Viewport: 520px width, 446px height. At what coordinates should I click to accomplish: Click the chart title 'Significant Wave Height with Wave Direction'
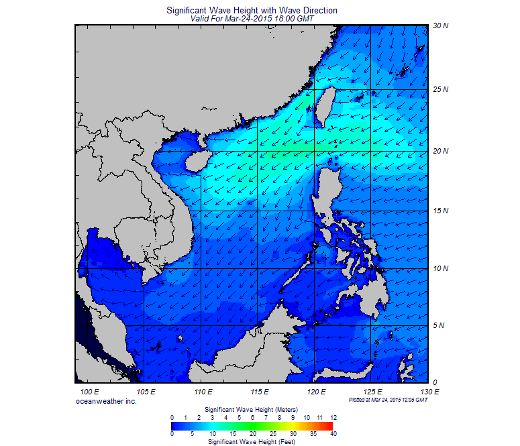251,11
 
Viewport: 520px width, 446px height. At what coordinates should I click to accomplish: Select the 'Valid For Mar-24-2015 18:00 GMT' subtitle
252,19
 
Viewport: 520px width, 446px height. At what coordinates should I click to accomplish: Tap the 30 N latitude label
441,25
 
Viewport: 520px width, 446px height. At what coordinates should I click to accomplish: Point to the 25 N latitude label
441,89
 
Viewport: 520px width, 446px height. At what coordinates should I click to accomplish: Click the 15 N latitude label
441,211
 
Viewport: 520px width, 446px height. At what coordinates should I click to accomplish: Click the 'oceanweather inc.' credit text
107,400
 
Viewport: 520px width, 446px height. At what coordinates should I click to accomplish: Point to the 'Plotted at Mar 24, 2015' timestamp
388,400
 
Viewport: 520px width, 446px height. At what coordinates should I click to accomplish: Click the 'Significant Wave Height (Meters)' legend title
251,409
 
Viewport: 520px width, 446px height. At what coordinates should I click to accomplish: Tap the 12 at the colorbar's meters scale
333,417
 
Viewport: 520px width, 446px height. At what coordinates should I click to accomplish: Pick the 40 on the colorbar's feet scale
333,434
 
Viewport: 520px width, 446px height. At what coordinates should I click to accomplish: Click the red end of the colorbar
329,425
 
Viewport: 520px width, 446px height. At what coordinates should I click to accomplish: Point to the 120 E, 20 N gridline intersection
315,151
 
